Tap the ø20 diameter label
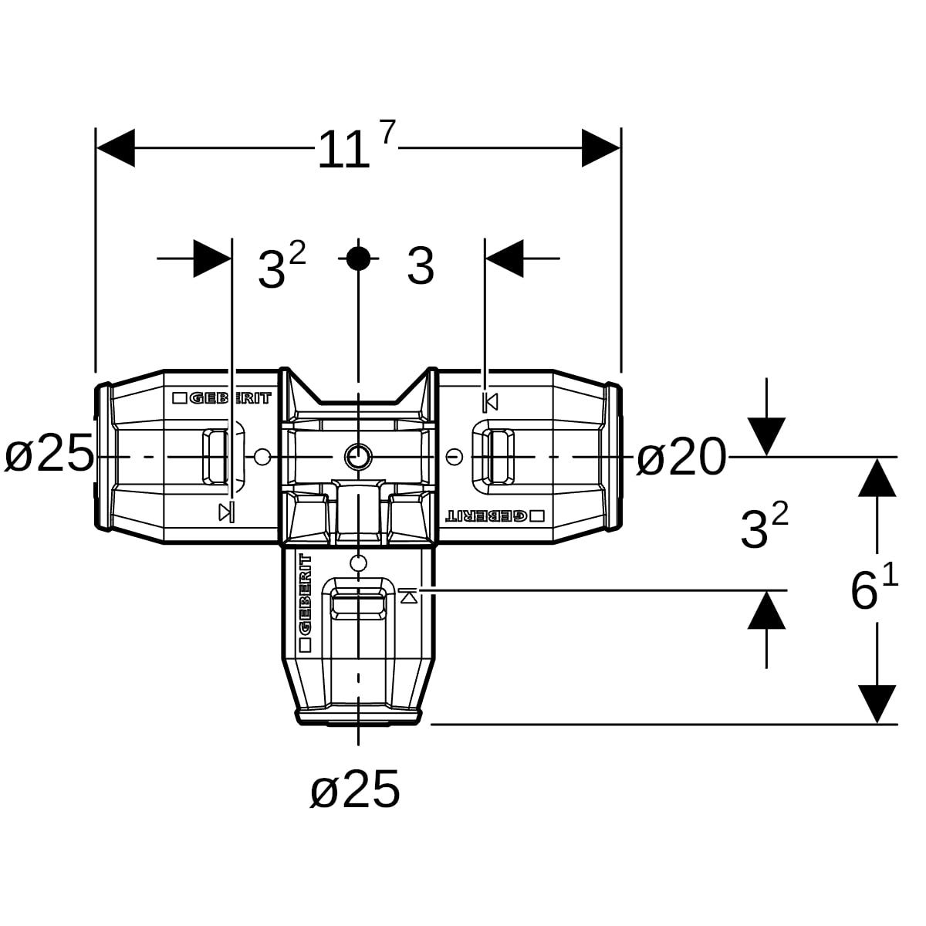click(x=681, y=457)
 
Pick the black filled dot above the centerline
click(x=358, y=259)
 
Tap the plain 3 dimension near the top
click(x=421, y=266)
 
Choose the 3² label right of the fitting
click(x=764, y=526)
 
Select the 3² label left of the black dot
click(x=282, y=265)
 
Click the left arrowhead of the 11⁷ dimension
click(x=115, y=147)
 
